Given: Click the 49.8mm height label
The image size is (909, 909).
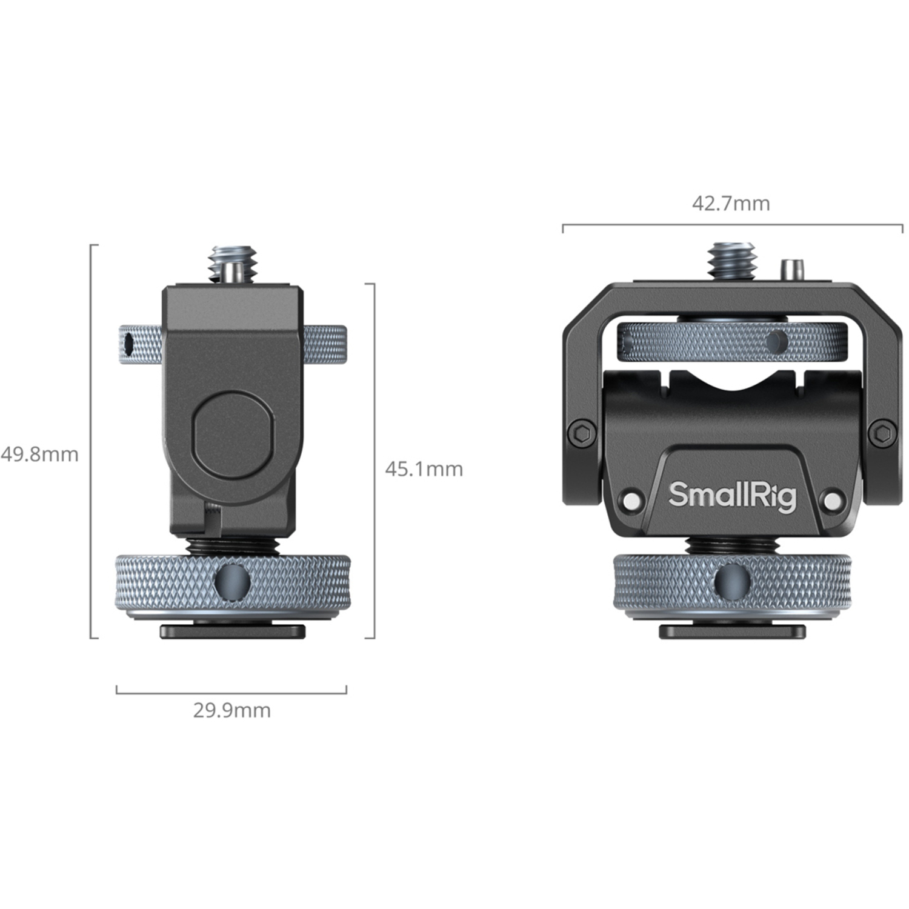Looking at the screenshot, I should point(39,454).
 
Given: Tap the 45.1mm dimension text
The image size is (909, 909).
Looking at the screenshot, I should point(424,469).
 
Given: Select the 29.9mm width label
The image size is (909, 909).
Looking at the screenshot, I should point(231,710).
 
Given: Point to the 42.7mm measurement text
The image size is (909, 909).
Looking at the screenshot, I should point(731,204).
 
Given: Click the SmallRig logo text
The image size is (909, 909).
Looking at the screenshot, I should point(732,496).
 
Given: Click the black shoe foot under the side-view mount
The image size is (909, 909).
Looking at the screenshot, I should point(233,631).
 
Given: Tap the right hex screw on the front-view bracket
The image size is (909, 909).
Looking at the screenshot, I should point(882,434).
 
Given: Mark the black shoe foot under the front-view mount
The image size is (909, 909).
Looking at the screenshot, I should point(732,631).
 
